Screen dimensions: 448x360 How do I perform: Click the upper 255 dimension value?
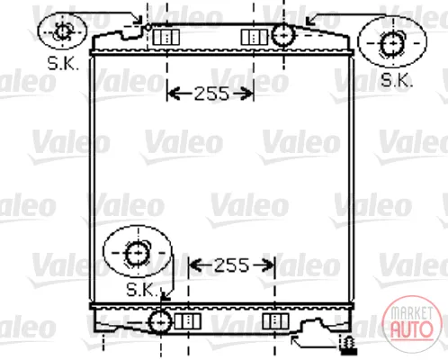click(x=211, y=94)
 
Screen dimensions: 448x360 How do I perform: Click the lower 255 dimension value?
click(x=232, y=265)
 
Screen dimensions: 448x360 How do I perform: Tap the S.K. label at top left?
click(x=63, y=63)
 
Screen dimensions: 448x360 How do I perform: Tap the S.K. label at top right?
click(x=397, y=80)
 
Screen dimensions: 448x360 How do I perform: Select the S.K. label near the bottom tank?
click(x=142, y=290)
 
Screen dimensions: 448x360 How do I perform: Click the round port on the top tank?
click(x=283, y=35)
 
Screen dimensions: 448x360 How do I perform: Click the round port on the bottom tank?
click(x=160, y=322)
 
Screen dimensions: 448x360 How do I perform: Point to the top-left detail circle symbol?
click(x=62, y=31)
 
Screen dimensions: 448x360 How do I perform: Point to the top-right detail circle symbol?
click(x=392, y=42)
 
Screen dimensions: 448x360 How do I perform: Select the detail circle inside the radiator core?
click(x=138, y=251)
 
